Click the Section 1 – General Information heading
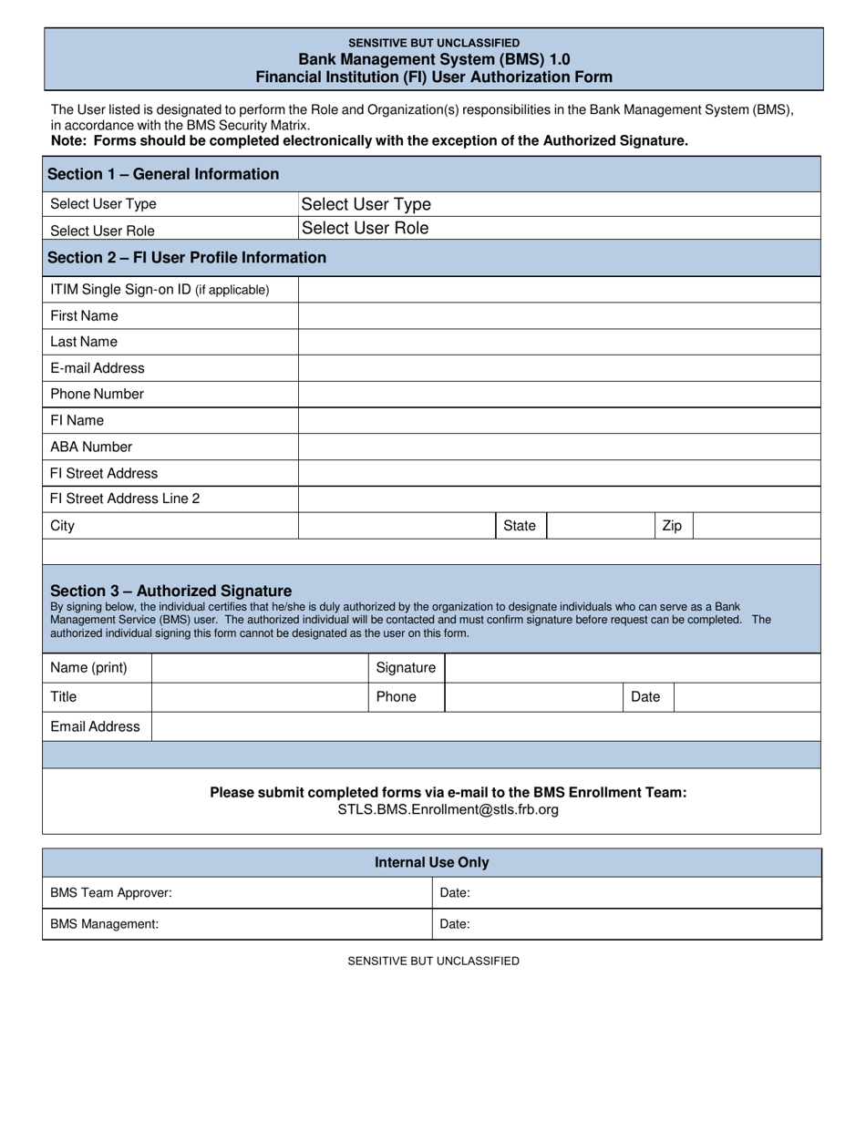coord(163,174)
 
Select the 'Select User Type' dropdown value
coord(366,204)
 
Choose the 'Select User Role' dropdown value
coord(365,228)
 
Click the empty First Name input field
coord(559,316)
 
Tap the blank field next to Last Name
coord(559,342)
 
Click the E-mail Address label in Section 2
coord(98,368)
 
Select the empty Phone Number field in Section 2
coord(559,395)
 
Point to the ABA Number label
coord(91,447)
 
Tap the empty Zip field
coord(757,526)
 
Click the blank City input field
coord(397,526)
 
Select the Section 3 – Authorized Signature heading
coord(171,591)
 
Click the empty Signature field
coord(633,668)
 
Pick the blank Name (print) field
coord(260,668)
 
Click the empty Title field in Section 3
coord(260,697)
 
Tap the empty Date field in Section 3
coord(747,697)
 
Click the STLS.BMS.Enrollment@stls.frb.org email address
coord(448,809)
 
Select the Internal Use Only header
coord(432,863)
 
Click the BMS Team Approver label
coord(111,893)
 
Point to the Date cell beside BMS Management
coord(626,924)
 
